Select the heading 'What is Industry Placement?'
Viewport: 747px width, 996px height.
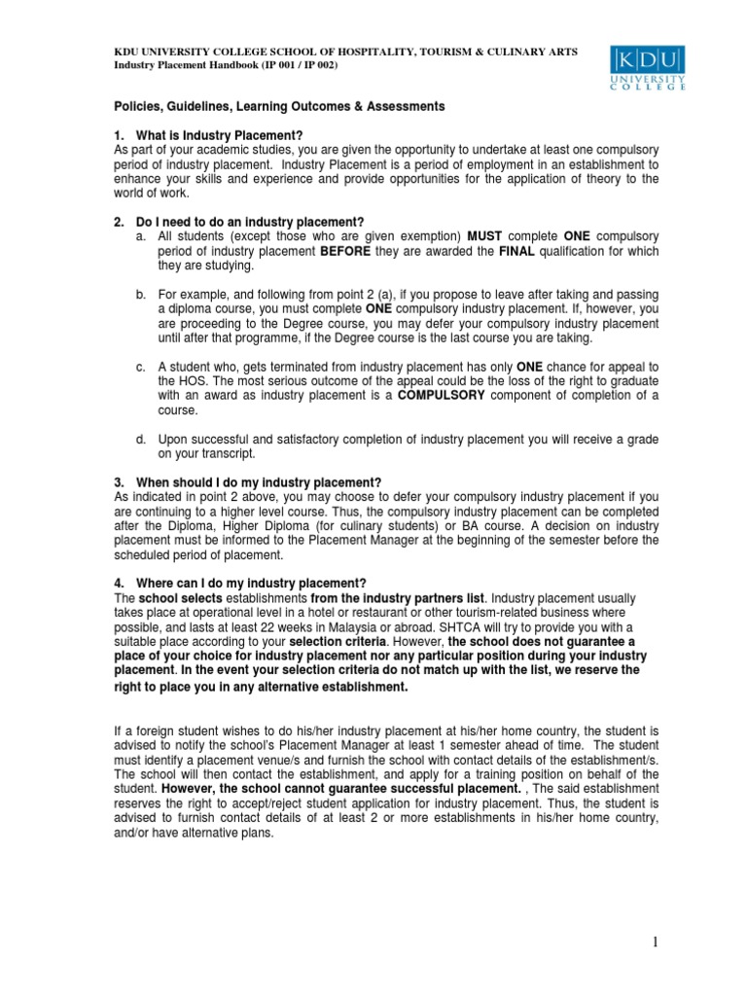pos(218,134)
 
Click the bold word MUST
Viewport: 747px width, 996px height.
pos(485,236)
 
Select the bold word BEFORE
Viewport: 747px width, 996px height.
pos(348,251)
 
